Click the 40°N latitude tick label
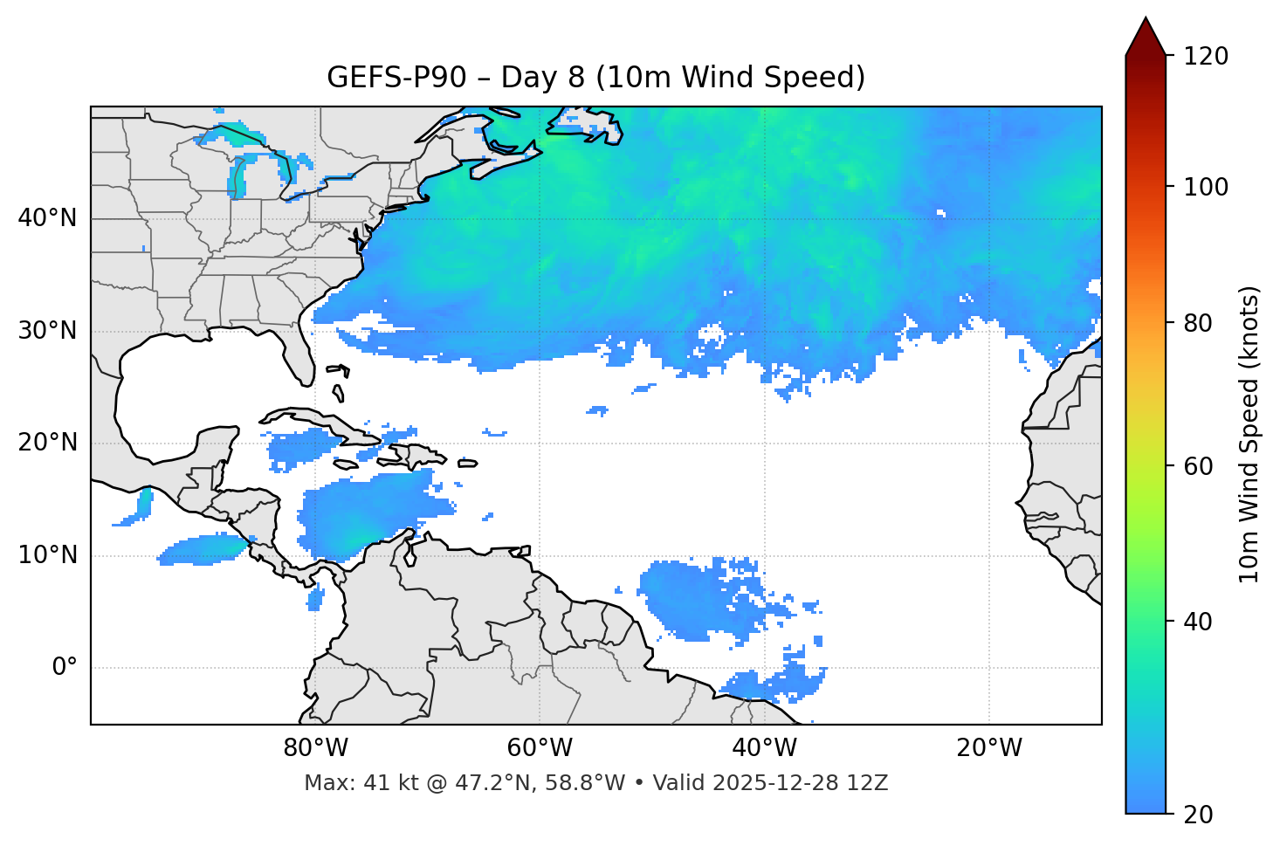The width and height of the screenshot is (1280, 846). click(47, 218)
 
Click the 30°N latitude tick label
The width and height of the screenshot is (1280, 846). click(47, 331)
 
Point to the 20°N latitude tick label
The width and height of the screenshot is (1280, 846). click(47, 443)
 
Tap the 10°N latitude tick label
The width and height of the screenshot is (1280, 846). click(47, 555)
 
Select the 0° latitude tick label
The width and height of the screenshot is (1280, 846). click(65, 668)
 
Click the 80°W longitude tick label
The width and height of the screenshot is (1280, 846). click(315, 748)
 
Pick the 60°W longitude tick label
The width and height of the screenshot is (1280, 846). click(540, 748)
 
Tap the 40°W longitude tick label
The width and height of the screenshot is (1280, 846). click(764, 748)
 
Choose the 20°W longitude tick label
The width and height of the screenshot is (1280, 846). click(989, 748)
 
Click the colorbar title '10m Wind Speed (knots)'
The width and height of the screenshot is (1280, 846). click(1249, 434)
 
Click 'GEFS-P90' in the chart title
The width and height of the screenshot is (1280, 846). click(380, 78)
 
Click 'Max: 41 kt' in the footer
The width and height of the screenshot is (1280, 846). click(348, 783)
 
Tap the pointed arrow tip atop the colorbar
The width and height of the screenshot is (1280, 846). click(1146, 21)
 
